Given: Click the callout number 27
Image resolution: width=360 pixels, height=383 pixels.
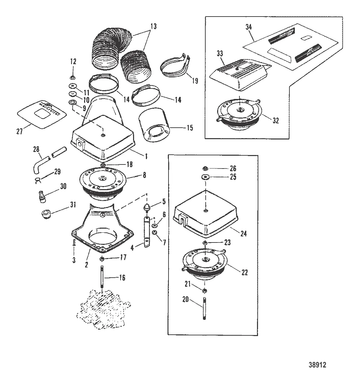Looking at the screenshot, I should point(20,131).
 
